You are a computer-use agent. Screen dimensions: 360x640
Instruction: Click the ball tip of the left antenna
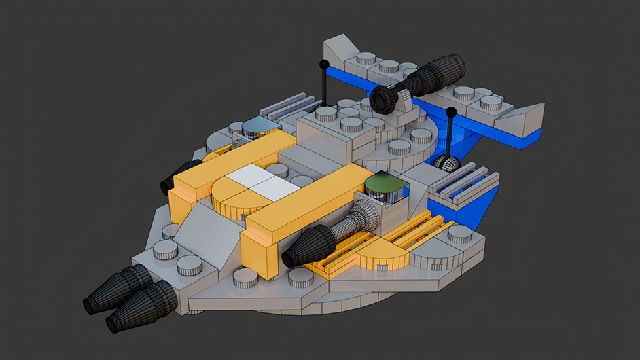(324, 65)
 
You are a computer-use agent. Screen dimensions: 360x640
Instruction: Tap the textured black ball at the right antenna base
(446, 163)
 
